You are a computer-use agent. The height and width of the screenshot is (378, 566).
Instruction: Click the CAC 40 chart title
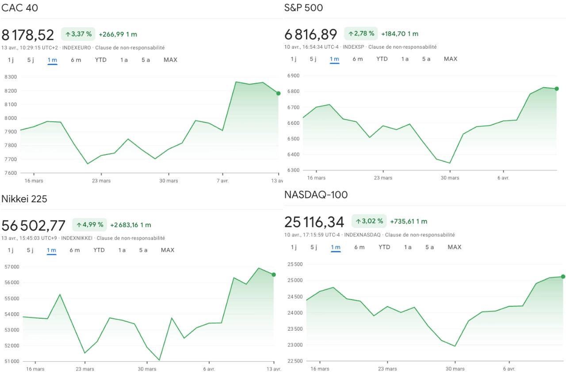click(20, 8)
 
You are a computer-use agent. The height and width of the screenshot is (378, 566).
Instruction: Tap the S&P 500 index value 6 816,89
click(311, 34)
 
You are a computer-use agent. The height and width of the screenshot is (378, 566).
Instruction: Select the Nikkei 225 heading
click(24, 199)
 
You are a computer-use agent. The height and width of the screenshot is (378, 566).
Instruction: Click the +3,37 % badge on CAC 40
click(78, 34)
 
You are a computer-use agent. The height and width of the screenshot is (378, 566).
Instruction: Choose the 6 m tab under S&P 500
click(358, 59)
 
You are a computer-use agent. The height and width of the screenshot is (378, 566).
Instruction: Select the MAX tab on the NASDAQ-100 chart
click(455, 247)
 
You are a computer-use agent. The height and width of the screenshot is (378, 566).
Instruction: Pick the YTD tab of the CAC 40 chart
click(100, 60)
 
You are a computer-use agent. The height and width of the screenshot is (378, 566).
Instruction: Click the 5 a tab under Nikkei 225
click(143, 250)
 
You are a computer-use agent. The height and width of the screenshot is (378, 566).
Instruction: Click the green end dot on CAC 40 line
click(278, 93)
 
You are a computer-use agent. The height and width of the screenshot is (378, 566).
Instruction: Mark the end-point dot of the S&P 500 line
click(557, 89)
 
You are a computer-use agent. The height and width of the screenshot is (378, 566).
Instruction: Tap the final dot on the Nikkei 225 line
click(274, 274)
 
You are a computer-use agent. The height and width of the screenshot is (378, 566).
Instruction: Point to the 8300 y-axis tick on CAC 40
click(11, 77)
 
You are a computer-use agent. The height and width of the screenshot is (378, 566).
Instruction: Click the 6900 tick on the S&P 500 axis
click(293, 76)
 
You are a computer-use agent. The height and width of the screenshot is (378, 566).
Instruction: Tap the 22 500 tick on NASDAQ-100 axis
click(295, 361)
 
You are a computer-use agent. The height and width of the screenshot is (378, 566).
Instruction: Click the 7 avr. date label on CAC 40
click(222, 181)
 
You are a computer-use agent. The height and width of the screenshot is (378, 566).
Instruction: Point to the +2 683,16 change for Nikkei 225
click(124, 225)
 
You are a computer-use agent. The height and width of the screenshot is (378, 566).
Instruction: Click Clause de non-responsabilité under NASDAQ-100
click(420, 235)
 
